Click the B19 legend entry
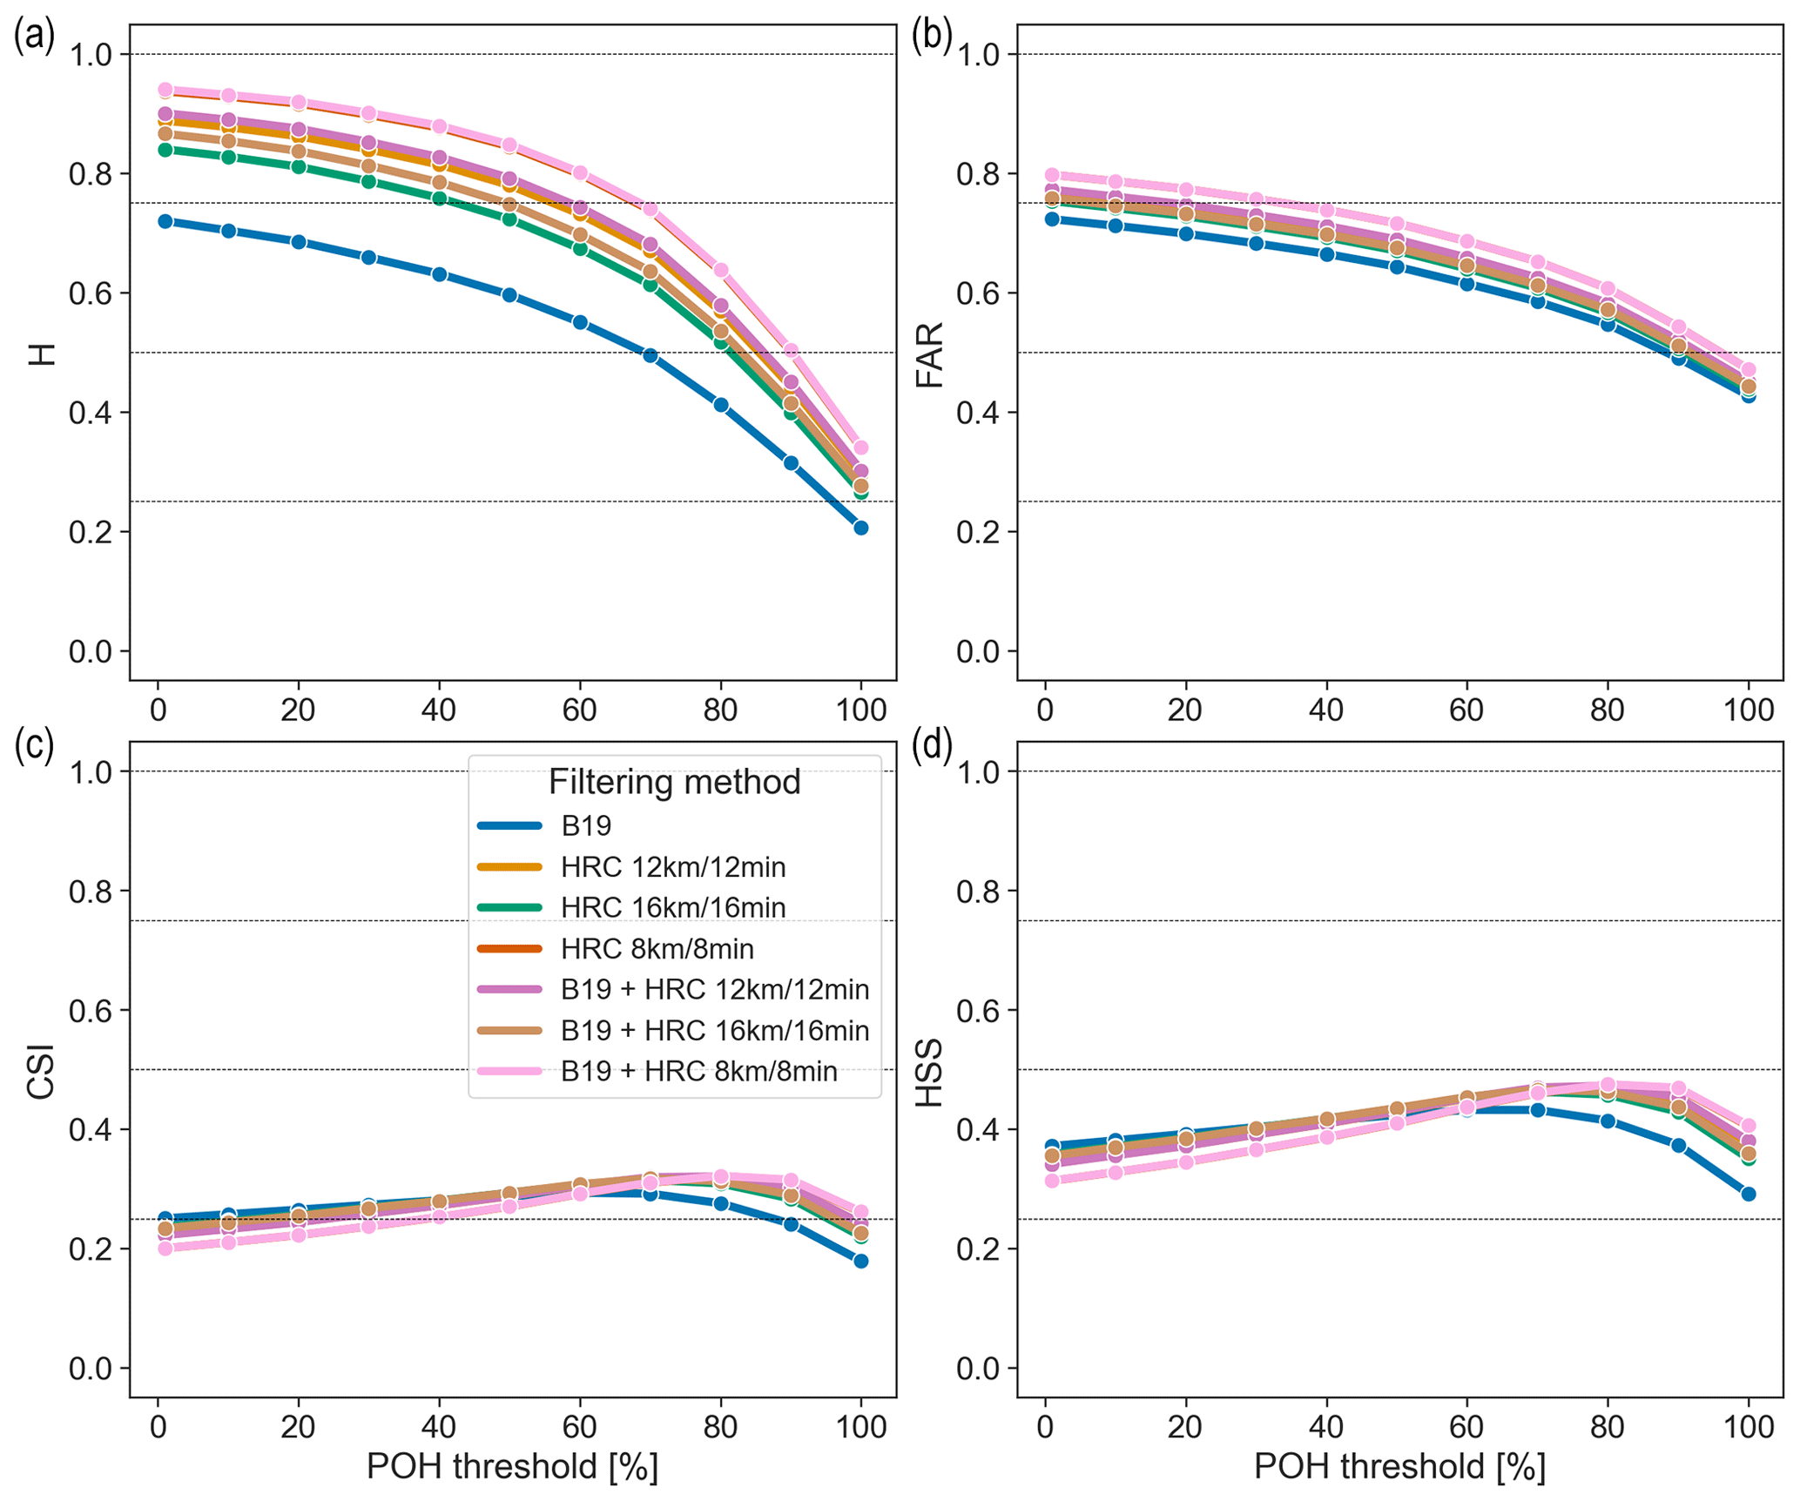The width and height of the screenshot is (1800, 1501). tap(586, 825)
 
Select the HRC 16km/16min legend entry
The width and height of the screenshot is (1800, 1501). tap(672, 907)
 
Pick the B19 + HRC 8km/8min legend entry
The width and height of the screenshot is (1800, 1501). tap(698, 1071)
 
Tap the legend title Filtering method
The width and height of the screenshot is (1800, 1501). tap(674, 782)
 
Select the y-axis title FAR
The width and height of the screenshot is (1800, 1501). tap(930, 354)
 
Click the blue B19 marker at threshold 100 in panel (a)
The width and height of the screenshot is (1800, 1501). tap(860, 528)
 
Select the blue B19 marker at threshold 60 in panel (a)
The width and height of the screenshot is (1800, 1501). tap(580, 322)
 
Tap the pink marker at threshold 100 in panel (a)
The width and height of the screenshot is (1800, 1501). tap(860, 448)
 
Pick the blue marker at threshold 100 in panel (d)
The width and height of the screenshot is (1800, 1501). tap(1748, 1194)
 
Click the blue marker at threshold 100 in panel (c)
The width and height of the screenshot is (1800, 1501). tap(860, 1261)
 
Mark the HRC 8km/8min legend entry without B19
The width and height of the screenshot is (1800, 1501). tap(657, 948)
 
